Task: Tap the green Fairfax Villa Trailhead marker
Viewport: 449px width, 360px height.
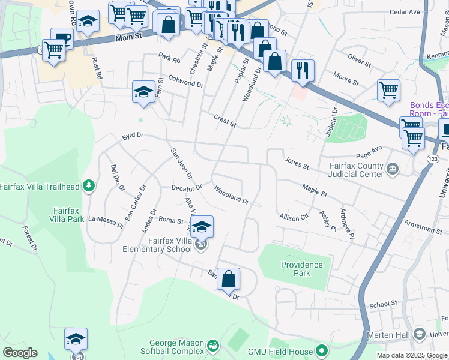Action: point(89,186)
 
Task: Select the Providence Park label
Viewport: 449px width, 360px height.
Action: point(301,269)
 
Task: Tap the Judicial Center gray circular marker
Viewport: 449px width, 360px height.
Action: point(393,167)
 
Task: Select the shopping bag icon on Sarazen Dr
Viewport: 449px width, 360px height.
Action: point(228,279)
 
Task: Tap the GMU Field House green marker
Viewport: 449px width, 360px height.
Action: point(322,350)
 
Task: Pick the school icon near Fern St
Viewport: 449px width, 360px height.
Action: point(143,92)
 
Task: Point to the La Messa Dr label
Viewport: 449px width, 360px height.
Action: point(106,222)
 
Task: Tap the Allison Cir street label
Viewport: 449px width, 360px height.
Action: point(293,217)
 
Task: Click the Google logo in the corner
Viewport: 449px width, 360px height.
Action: point(20,353)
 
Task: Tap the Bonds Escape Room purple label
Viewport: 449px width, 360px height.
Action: point(429,109)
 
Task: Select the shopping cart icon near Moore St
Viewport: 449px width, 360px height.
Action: point(388,90)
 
